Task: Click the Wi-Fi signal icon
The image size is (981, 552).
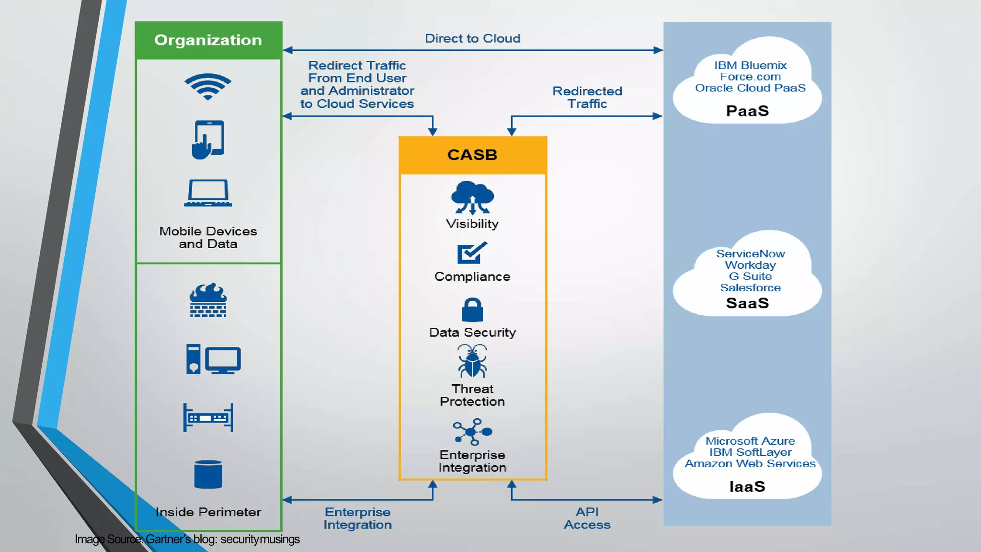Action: click(208, 87)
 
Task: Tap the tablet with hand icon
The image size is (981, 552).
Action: click(208, 139)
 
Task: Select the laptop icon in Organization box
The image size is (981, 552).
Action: click(208, 193)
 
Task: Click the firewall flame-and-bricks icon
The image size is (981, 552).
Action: click(208, 300)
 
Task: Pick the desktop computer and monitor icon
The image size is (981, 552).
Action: click(213, 359)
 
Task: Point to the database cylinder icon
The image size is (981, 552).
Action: click(208, 474)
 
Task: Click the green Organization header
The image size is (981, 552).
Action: click(208, 40)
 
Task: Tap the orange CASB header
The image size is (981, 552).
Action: click(473, 155)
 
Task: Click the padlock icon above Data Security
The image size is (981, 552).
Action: click(472, 310)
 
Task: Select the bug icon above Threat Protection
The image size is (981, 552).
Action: click(472, 362)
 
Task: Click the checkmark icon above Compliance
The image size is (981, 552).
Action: click(472, 253)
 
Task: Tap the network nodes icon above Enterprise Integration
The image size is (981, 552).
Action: click(472, 432)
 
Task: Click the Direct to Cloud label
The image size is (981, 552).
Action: click(472, 38)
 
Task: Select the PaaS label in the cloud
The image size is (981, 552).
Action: click(747, 111)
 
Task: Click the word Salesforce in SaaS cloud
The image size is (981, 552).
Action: click(750, 287)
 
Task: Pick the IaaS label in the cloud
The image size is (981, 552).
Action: click(747, 487)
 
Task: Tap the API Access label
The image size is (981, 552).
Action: click(587, 518)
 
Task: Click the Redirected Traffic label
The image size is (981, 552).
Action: click(587, 97)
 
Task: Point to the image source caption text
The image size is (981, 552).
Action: click(187, 540)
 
